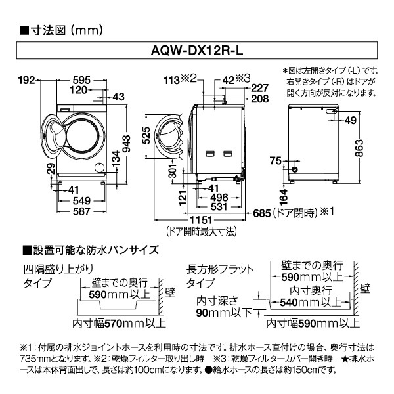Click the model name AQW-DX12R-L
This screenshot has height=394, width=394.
pos(197,51)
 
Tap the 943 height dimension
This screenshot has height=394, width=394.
pos(126,144)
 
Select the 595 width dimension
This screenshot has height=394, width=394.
pos(81,80)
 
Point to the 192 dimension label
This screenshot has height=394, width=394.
pos(27,80)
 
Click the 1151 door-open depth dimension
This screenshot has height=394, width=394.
pos(201,221)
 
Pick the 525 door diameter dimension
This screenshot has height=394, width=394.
pos(146,136)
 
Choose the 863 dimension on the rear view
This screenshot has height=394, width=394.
pos(359,148)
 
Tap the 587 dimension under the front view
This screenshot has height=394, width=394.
pos(81,211)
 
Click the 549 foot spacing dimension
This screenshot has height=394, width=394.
pos(81,200)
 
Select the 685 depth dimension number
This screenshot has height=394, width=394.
pos(262,213)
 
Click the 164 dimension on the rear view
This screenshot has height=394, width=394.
pos(284,197)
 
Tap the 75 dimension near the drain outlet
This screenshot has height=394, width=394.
pos(276,160)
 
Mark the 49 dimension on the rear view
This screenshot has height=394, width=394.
pos(351,120)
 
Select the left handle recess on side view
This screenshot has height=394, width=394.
pos(210,153)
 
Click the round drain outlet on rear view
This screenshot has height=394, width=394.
pos(294,169)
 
